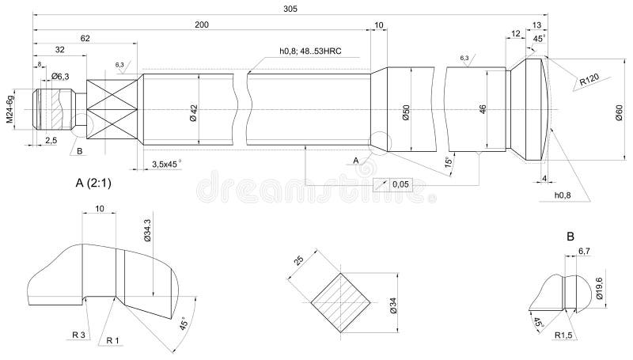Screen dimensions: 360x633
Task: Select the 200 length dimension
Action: [202, 25]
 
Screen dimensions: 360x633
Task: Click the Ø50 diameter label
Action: [404, 112]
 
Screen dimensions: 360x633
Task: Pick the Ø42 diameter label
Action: [192, 112]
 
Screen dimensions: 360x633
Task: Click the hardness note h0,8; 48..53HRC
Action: [313, 51]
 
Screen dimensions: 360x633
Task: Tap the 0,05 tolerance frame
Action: [400, 184]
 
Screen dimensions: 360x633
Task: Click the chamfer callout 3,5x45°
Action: [165, 163]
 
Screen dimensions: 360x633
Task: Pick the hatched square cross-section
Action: [339, 300]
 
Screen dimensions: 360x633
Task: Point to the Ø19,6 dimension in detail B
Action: [599, 286]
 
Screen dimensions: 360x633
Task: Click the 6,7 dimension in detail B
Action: [585, 250]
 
